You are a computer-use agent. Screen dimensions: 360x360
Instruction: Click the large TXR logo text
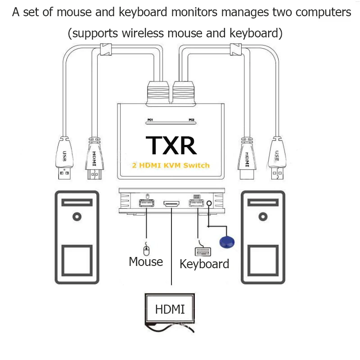click(171, 145)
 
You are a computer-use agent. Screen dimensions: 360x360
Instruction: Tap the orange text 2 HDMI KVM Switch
click(171, 165)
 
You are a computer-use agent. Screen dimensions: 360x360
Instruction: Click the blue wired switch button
click(227, 242)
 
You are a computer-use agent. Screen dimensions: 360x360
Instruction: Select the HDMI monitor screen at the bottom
click(170, 309)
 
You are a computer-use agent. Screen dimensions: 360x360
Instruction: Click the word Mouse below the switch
click(146, 261)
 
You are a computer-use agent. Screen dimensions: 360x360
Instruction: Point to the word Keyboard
click(204, 264)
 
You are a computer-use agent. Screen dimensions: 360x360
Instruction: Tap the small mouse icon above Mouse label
click(146, 249)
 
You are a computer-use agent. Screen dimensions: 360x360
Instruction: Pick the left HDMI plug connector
click(94, 158)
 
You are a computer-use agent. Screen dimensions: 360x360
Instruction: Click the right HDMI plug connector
click(247, 158)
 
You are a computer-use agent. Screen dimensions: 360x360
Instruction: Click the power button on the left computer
click(77, 216)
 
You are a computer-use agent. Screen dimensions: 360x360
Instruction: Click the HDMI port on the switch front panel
click(171, 203)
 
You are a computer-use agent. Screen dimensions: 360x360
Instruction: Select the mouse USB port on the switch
click(147, 203)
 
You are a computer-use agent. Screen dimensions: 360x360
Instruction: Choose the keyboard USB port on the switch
click(196, 203)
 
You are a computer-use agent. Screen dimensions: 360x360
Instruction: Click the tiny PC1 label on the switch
click(150, 120)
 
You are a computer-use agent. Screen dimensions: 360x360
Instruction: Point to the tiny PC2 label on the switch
click(192, 120)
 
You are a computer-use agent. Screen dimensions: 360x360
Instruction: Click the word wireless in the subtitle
click(143, 33)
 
